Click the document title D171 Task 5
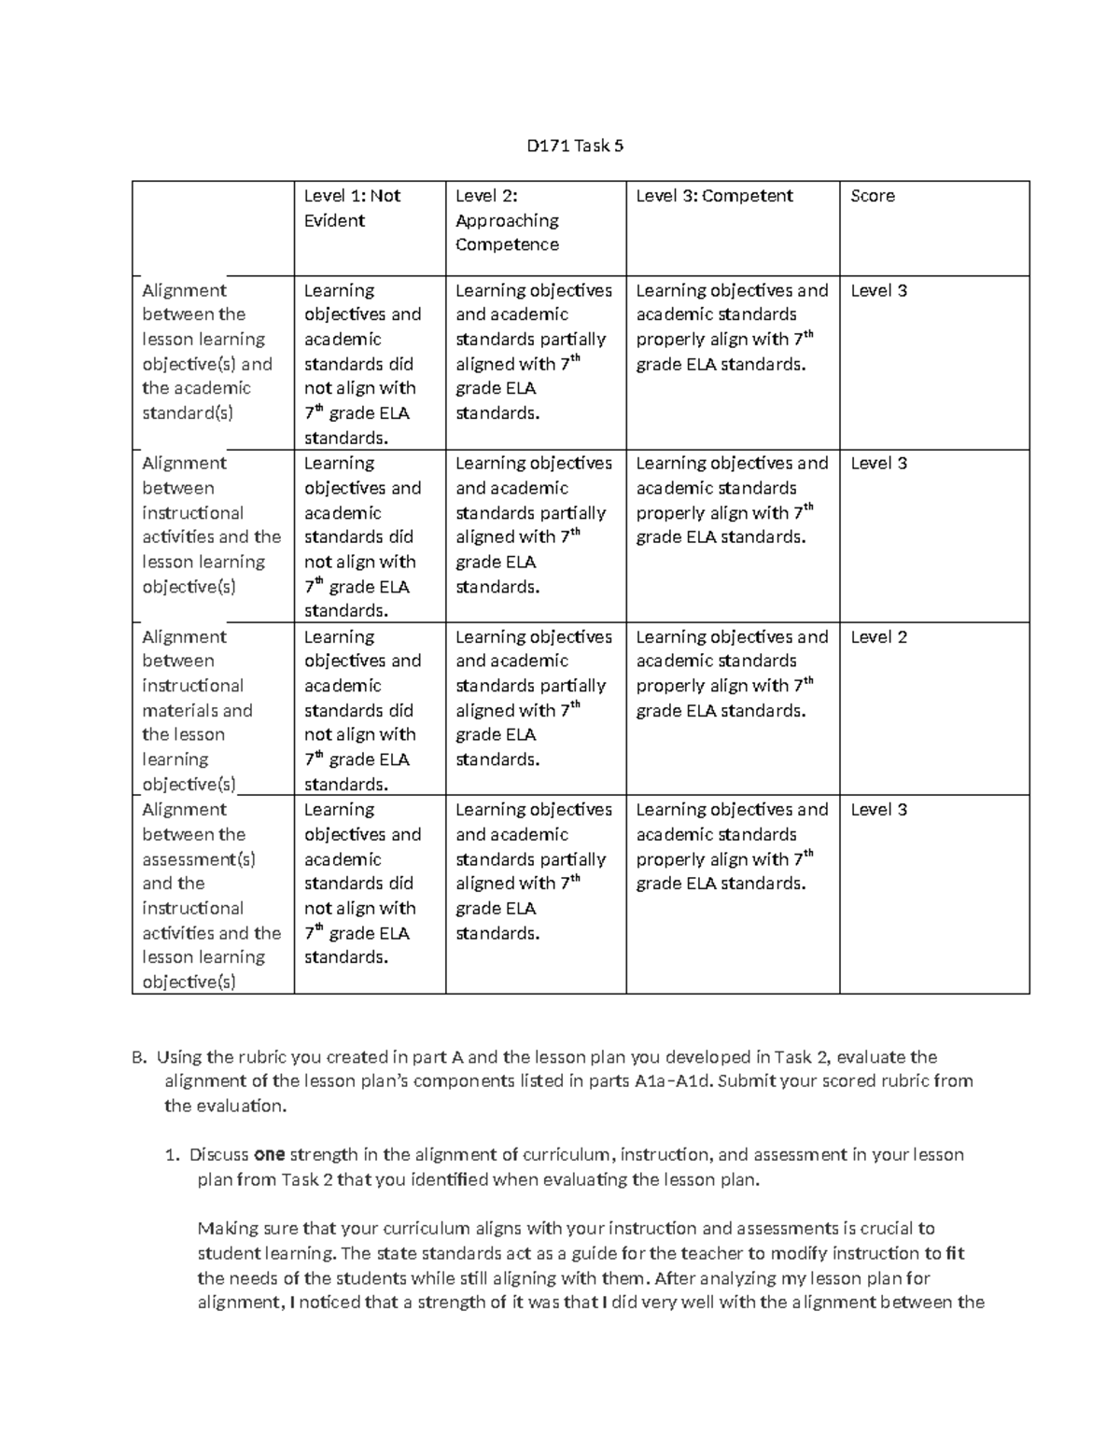[x=575, y=146]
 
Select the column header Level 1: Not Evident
[x=352, y=208]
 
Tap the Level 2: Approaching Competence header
[x=507, y=220]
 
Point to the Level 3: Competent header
[x=714, y=196]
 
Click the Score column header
[x=873, y=196]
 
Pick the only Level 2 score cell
[x=878, y=637]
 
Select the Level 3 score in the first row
[x=878, y=291]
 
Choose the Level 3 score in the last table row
[x=878, y=810]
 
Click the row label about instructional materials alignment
[x=197, y=710]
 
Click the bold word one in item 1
[x=269, y=1155]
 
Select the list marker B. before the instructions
[x=139, y=1058]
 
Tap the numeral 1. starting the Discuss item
[x=172, y=1155]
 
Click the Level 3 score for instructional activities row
[x=878, y=464]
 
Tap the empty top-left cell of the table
[x=213, y=228]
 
